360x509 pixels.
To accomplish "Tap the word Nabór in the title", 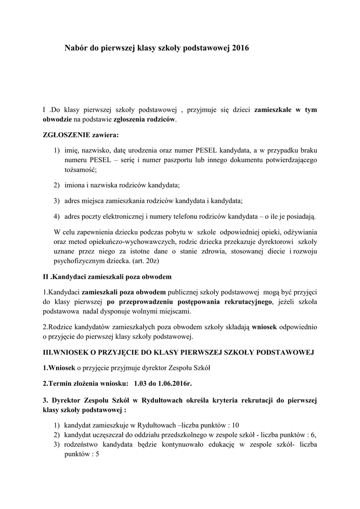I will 76,48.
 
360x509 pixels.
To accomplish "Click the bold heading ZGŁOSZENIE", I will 64,134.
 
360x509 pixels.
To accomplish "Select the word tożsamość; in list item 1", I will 83,170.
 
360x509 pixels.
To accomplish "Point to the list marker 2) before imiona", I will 56,185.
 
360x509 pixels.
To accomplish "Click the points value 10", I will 235,424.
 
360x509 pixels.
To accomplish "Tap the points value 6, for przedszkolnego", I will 313,433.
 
